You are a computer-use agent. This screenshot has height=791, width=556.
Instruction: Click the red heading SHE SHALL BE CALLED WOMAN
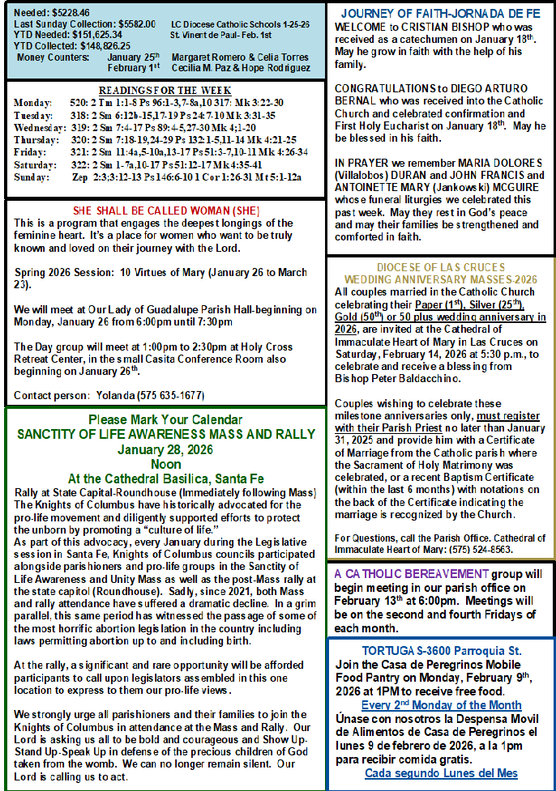pyautogui.click(x=166, y=211)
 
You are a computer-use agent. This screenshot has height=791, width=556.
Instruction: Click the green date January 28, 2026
pyautogui.click(x=165, y=449)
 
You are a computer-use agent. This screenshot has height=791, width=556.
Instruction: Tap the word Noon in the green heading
pyautogui.click(x=165, y=464)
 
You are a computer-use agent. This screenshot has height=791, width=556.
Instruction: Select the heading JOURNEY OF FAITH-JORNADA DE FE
pyautogui.click(x=440, y=14)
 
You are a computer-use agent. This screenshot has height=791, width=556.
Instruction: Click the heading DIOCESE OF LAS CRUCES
pyautogui.click(x=440, y=268)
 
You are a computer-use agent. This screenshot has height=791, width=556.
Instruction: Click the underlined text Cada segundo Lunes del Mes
pyautogui.click(x=441, y=773)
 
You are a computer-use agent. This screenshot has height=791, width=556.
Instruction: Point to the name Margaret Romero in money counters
pyautogui.click(x=207, y=57)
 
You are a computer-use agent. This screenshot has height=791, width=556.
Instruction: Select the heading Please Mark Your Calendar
pyautogui.click(x=165, y=419)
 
